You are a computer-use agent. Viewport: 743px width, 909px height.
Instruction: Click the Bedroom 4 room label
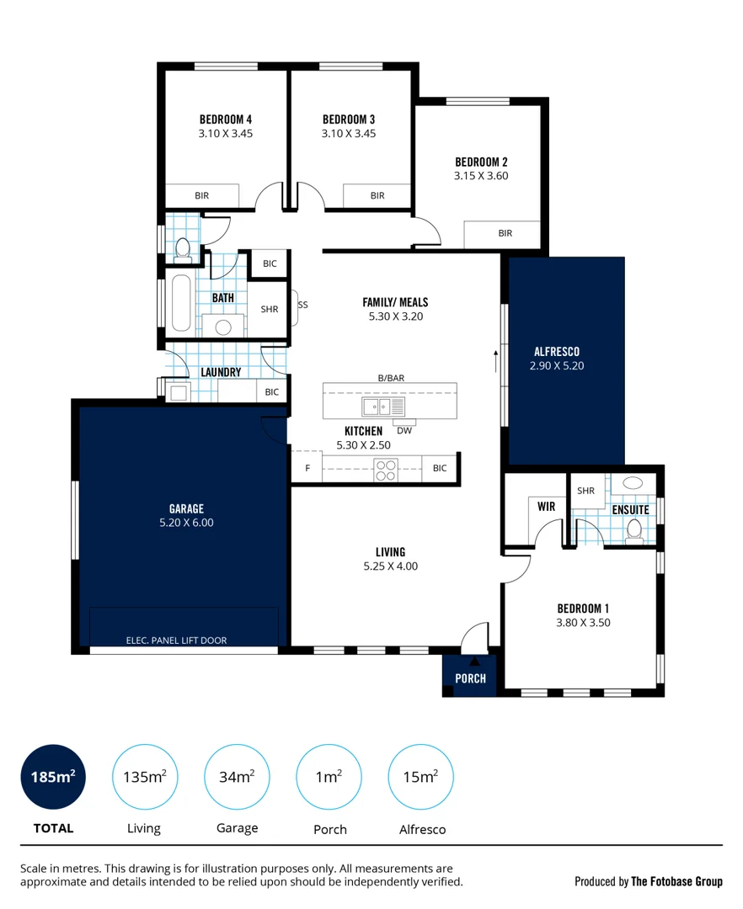point(226,120)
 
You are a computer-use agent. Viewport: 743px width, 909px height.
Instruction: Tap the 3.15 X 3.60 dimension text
point(481,176)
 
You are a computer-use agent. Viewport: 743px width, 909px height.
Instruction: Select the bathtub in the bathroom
point(181,303)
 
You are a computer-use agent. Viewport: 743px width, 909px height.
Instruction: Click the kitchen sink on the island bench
point(383,407)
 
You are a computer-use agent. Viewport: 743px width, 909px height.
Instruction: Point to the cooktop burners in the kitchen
point(386,470)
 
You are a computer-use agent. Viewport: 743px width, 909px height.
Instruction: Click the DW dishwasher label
point(404,431)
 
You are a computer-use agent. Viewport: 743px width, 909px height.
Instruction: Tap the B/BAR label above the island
point(391,378)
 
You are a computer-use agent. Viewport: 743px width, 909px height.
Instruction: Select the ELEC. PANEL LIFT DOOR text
point(176,640)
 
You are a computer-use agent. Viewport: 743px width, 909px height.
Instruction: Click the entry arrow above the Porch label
point(474,661)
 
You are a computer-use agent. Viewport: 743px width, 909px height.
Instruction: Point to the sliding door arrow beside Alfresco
point(496,360)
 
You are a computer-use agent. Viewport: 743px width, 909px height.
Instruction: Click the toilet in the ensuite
point(634,531)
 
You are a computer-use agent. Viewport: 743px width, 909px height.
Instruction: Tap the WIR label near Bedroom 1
point(547,507)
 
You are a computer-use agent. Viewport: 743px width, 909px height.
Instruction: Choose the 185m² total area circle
point(53,777)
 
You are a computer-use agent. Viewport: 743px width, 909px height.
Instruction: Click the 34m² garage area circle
point(237,777)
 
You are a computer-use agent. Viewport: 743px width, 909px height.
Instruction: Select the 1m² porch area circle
point(329,777)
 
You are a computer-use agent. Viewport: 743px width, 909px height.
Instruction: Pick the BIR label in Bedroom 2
point(505,233)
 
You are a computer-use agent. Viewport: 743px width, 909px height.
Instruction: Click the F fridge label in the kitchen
point(307,468)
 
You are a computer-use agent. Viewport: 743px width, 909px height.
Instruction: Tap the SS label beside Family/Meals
point(302,305)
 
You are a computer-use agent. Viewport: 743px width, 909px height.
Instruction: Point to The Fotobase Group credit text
point(677,881)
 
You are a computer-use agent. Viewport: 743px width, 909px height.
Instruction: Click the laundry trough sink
point(178,392)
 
